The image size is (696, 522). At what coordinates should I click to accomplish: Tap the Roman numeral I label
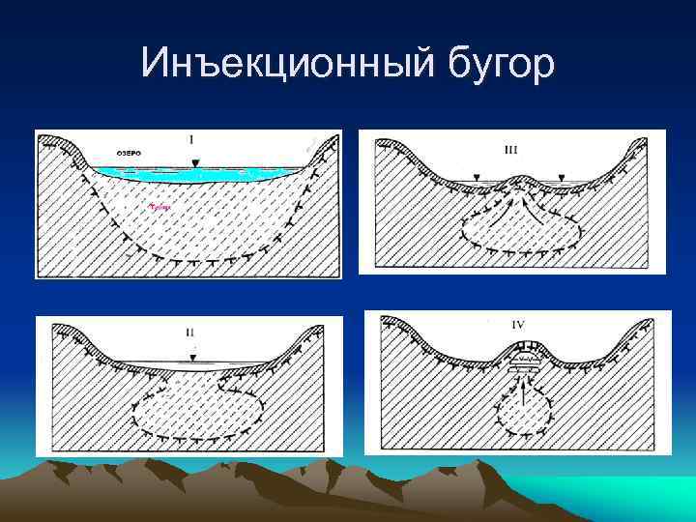[190, 141]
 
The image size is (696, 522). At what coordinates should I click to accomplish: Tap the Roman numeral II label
[189, 332]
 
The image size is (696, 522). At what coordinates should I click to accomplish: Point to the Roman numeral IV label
[517, 325]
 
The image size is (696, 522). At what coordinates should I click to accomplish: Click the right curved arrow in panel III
[541, 208]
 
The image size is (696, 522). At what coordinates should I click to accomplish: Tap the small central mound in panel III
[520, 180]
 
